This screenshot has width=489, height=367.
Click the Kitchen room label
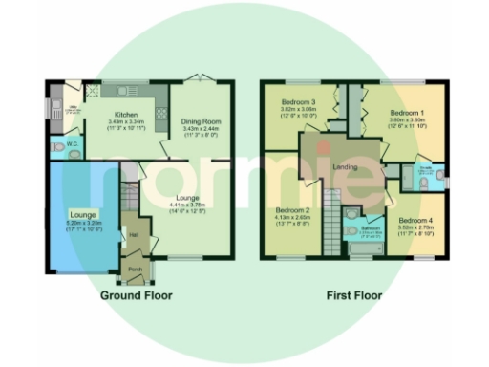point(127,115)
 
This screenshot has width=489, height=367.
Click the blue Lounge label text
point(80,214)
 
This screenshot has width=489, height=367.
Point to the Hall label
point(134,234)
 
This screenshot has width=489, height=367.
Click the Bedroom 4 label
point(415,221)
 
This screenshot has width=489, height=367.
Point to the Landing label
point(345,167)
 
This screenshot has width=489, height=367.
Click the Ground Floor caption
point(137,295)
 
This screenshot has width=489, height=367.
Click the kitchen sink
point(124,92)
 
